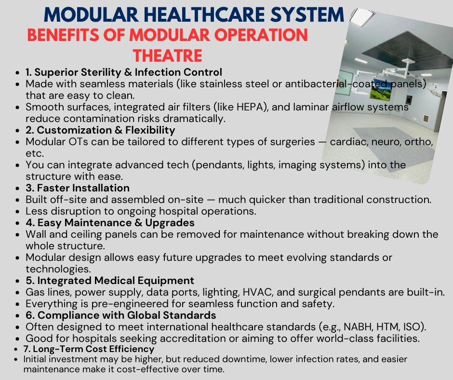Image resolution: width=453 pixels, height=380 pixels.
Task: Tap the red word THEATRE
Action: coord(168,55)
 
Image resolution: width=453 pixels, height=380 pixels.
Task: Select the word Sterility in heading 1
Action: coord(101,72)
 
